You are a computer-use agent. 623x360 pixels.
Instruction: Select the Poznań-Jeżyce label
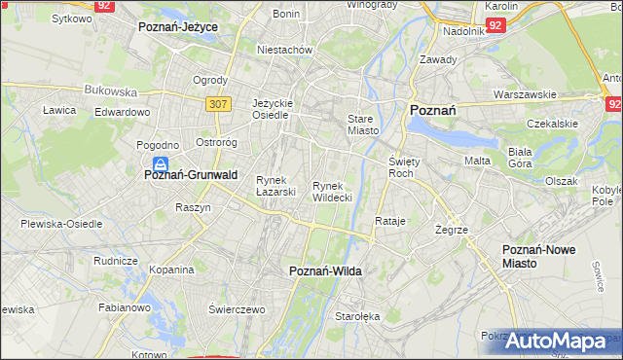pyautogui.click(x=178, y=27)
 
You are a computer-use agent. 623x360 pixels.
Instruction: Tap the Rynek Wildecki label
pyautogui.click(x=332, y=192)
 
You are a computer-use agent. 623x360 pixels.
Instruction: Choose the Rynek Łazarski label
pyautogui.click(x=275, y=186)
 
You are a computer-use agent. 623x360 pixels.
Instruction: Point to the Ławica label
pyautogui.click(x=59, y=110)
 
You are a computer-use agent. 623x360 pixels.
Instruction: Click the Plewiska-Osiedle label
pyautogui.click(x=61, y=223)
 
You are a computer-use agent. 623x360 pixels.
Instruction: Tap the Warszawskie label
pyautogui.click(x=525, y=94)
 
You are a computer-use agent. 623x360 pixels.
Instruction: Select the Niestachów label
pyautogui.click(x=284, y=49)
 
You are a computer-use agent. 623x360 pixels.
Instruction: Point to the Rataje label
pyautogui.click(x=390, y=221)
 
